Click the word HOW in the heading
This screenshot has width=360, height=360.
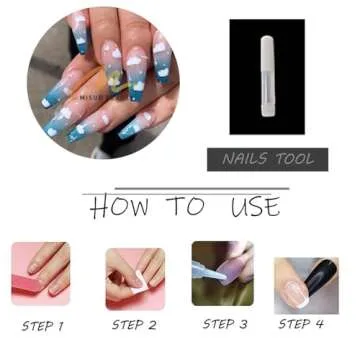point(118,207)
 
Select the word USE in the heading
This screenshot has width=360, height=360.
point(253,207)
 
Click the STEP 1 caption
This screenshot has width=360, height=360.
point(42,325)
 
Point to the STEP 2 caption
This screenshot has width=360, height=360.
point(134,324)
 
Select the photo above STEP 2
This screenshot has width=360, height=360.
point(135,275)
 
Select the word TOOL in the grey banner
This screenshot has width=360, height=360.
point(296,158)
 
